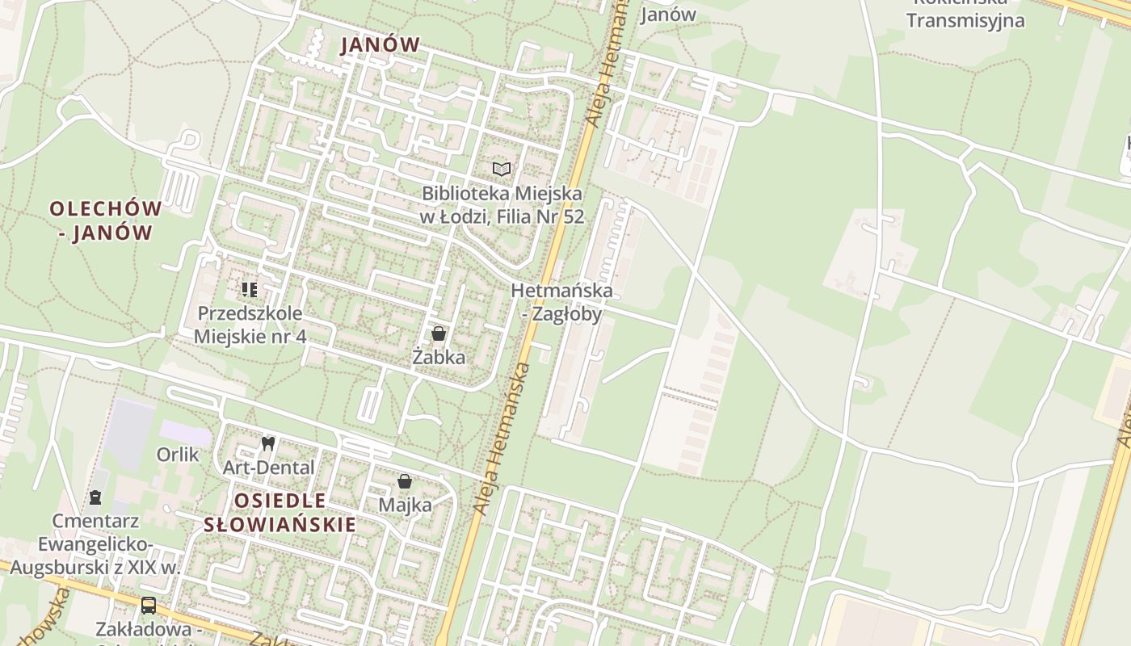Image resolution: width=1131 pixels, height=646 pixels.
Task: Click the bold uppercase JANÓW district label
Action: (381, 45)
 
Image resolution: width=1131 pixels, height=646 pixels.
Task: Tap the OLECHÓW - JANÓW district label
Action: (105, 220)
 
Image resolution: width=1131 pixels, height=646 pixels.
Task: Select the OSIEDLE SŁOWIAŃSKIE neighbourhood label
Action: (280, 512)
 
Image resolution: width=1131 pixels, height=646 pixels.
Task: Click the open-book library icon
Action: (502, 169)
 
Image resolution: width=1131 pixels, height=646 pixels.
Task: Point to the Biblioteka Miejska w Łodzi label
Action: (502, 205)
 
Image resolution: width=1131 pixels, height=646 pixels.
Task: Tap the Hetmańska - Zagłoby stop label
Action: (561, 302)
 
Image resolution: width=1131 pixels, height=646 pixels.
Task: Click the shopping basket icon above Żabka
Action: (439, 333)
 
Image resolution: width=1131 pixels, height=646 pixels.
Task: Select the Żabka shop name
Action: (439, 357)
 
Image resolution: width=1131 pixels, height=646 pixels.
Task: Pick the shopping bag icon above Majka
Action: (405, 482)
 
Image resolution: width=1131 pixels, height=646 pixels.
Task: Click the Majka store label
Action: (405, 505)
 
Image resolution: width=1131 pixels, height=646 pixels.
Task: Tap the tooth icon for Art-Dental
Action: (268, 443)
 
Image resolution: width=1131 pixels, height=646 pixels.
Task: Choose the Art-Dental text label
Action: (268, 468)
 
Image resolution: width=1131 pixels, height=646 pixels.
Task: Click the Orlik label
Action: (178, 455)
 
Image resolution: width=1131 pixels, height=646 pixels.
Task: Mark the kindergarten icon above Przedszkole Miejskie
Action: (250, 289)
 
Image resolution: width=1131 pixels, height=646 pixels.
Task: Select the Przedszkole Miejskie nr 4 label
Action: (250, 325)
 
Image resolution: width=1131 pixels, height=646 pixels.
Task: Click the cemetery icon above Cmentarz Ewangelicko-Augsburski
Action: (95, 497)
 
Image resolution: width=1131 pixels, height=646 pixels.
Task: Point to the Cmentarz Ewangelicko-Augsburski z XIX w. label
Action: (95, 543)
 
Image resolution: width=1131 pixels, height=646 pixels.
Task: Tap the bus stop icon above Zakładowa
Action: (149, 605)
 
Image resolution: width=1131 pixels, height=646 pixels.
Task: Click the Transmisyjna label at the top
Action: (965, 20)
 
